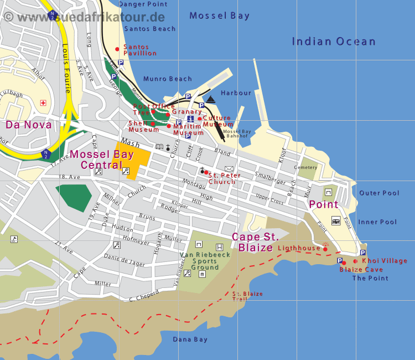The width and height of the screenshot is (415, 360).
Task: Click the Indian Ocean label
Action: tap(334, 42)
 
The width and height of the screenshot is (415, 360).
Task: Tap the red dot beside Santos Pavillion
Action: tap(117, 49)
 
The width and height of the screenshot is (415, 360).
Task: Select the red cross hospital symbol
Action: tap(43, 103)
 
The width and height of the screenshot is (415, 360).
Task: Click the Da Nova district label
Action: tap(29, 125)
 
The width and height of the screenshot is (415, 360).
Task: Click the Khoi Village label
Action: tap(384, 261)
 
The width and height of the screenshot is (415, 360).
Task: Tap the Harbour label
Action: tap(236, 93)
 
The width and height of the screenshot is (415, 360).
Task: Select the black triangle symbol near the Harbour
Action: tap(210, 99)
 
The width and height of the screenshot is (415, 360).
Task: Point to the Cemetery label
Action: tap(306, 167)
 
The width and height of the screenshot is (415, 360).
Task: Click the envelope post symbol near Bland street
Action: tap(229, 168)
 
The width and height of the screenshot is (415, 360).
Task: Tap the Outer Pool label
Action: tap(379, 193)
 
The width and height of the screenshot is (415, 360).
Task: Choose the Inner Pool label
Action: tap(378, 222)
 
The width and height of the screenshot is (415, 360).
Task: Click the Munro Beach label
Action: tap(167, 79)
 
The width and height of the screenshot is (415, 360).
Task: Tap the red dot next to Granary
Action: tap(168, 115)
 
